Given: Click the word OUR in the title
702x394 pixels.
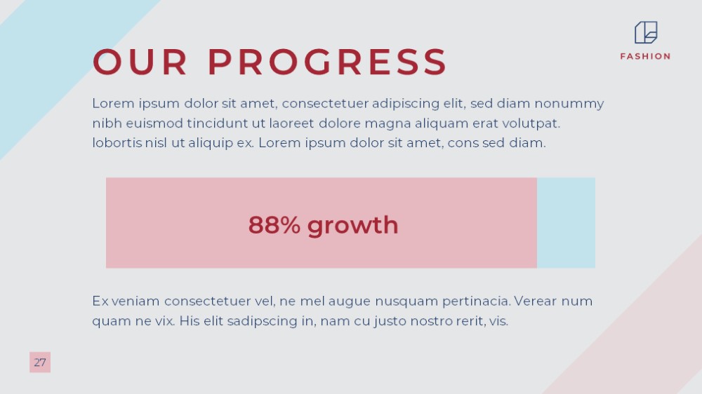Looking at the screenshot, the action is tap(140, 62).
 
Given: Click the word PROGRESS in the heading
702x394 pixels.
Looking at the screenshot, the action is tap(328, 62).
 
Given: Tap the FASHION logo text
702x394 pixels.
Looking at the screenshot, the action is tap(645, 56).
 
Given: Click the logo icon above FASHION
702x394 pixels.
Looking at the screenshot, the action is tap(646, 32).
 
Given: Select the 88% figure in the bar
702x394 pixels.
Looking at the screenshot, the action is tap(274, 224).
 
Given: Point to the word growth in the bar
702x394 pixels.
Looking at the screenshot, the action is tap(353, 226).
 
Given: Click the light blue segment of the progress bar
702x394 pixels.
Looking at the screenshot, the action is tap(566, 223).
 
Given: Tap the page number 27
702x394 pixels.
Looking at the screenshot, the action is tap(40, 362).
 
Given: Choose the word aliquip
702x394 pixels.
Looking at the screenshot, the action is tap(211, 143).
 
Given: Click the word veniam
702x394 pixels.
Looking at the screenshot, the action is tap(135, 301).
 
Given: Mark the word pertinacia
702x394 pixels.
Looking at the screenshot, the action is tap(477, 301).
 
